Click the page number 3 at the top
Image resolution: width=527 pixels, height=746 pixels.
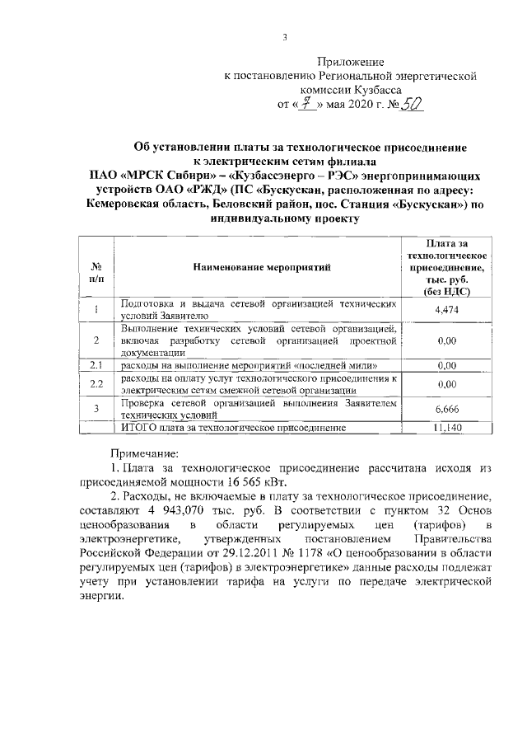[x=284, y=36]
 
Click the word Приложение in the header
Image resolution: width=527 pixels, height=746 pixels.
[x=351, y=62]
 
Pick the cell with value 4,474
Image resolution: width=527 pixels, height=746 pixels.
[x=445, y=309]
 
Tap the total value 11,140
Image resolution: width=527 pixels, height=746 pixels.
[x=445, y=428]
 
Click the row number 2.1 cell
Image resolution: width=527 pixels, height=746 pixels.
[x=96, y=364]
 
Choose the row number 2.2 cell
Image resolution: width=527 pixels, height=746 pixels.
[x=96, y=383]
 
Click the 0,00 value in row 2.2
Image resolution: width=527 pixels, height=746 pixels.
[x=445, y=383]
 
